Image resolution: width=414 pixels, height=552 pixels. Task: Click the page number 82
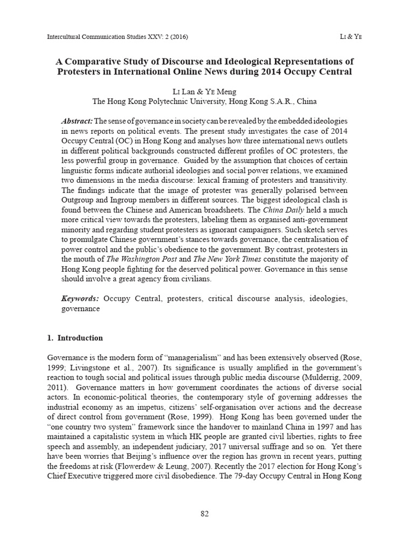[x=204, y=514]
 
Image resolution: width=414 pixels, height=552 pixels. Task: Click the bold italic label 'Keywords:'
[x=80, y=298]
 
